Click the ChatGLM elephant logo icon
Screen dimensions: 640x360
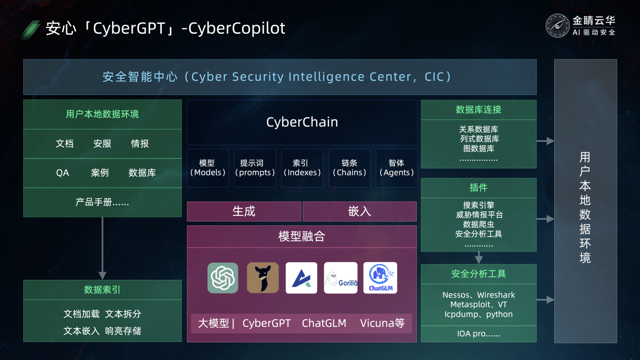(380, 278)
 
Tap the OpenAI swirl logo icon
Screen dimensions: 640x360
(223, 278)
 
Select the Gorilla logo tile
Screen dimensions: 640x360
(340, 278)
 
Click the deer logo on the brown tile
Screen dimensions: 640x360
(263, 278)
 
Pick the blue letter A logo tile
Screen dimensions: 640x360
(302, 278)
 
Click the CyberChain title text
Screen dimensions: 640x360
(302, 122)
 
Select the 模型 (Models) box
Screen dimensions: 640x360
(208, 168)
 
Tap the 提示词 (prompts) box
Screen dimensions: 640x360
(255, 168)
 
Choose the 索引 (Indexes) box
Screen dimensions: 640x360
(302, 168)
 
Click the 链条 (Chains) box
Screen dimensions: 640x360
(350, 168)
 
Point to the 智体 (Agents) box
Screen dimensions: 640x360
(396, 168)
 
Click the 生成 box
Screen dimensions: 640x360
(244, 211)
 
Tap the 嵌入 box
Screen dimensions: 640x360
(360, 211)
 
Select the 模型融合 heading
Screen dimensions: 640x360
(302, 236)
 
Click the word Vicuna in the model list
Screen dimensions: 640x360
(377, 323)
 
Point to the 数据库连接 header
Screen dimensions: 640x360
(479, 110)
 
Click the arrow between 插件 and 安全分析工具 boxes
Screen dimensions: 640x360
(479, 258)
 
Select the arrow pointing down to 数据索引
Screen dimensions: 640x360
(102, 248)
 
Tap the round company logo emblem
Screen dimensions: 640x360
(557, 26)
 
